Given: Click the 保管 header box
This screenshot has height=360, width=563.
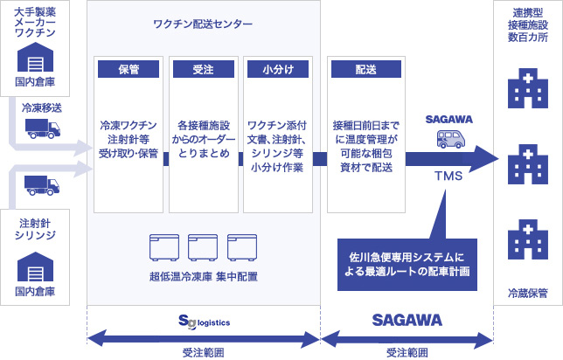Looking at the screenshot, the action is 129,69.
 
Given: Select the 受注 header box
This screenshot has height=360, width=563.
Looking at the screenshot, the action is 204,69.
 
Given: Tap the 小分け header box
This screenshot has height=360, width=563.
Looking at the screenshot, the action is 278,69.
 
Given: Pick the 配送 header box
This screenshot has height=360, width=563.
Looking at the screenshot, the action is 366,69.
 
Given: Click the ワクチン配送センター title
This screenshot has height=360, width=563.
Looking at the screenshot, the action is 203,24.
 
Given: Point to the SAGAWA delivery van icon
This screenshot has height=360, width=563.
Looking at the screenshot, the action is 451,139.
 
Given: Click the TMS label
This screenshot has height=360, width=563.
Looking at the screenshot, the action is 448,176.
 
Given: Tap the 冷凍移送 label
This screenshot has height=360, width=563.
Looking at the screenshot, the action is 42,107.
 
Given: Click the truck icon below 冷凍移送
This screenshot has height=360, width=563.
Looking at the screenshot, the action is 43,128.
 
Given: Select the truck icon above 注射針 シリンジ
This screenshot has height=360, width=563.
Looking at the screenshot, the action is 42,185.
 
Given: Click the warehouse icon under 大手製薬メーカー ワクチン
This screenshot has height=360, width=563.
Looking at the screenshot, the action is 35,57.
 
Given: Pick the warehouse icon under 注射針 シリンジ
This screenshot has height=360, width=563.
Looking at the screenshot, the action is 35,267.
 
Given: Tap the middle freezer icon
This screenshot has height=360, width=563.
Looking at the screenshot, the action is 203,247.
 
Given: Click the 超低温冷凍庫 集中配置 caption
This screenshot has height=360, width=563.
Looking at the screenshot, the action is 204,277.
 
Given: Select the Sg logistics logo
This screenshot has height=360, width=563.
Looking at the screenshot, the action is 204,322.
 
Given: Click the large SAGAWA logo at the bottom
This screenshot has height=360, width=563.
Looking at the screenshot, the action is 407,320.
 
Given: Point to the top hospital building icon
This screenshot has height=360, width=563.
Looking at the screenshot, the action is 528,88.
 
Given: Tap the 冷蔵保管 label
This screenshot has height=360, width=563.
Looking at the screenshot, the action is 528,294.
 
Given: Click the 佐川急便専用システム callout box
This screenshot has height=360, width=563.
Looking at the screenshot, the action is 407,265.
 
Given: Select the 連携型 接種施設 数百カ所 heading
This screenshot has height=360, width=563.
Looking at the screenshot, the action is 528,24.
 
